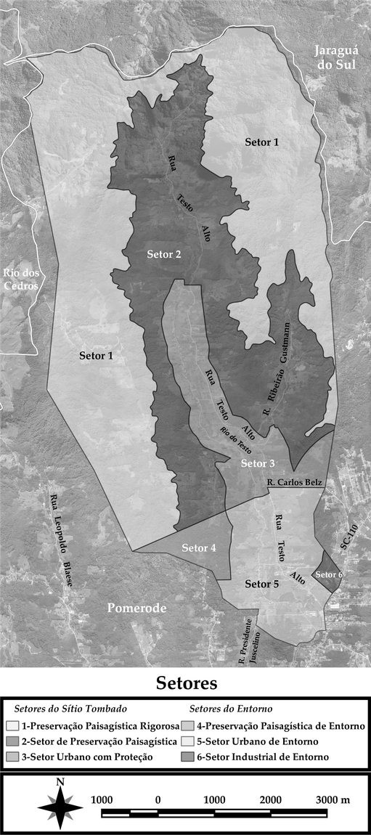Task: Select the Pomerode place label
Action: [137, 608]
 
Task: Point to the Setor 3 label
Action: [258, 463]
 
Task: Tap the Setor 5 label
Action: [262, 584]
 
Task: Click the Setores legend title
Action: [186, 684]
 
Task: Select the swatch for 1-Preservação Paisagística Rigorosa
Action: [11, 725]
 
